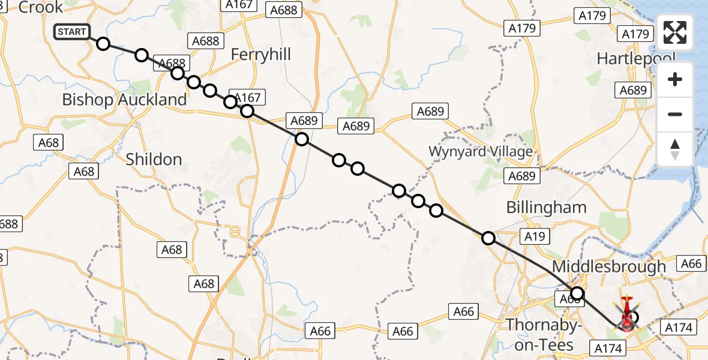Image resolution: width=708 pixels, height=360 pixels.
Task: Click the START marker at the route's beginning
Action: [72, 32]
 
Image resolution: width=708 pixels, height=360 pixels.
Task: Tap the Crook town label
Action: [41, 7]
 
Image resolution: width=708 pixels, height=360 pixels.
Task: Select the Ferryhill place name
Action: [261, 55]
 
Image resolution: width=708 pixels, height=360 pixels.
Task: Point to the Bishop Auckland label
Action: [124, 100]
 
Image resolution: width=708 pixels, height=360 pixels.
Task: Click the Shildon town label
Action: [154, 159]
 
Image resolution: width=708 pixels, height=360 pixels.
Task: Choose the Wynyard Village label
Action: [480, 151]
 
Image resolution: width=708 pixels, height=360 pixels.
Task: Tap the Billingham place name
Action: [546, 208]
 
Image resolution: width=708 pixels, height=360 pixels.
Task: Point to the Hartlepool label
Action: [636, 59]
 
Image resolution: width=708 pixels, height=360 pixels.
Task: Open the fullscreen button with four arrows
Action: [675, 32]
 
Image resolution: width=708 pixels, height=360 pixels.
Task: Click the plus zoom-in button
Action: [675, 79]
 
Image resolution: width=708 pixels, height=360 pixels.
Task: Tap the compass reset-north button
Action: [675, 149]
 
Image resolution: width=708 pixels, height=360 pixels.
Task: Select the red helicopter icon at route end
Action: [626, 315]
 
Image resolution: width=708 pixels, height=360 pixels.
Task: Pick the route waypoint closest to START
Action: [103, 44]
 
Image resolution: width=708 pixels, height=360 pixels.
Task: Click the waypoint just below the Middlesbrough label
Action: [577, 293]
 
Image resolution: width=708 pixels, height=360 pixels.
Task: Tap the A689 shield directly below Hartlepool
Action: [633, 90]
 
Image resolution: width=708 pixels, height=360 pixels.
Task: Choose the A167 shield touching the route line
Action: [247, 98]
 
